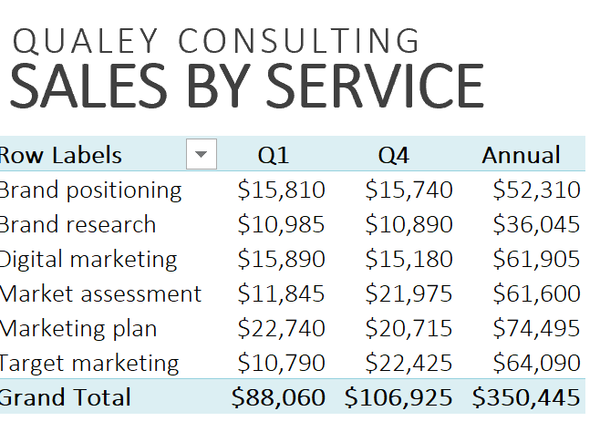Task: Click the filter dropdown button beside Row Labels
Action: (x=202, y=155)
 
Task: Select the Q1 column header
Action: (x=274, y=156)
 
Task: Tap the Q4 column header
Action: (x=394, y=156)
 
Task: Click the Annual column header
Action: (x=521, y=156)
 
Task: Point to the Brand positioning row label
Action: (x=90, y=190)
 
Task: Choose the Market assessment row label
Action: (x=100, y=293)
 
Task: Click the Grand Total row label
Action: (x=66, y=397)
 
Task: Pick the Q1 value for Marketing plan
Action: (x=281, y=328)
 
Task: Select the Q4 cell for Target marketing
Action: (x=409, y=363)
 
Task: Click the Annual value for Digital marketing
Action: (x=536, y=259)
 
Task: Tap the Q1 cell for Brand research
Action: (x=281, y=224)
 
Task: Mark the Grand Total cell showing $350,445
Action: (x=526, y=397)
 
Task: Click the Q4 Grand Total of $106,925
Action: (x=398, y=397)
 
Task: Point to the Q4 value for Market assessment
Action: (x=409, y=293)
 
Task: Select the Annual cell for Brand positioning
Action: (x=536, y=190)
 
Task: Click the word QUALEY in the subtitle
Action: (x=87, y=41)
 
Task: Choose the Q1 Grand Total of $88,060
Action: (x=278, y=397)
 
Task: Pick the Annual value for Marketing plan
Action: (x=536, y=328)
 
